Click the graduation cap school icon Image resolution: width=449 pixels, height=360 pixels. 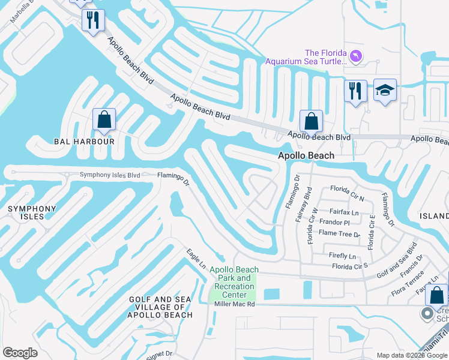385,91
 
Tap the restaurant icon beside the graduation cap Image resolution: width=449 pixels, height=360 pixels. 355,91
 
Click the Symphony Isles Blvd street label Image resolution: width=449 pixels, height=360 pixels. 110,175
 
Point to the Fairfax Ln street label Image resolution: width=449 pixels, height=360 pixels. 344,212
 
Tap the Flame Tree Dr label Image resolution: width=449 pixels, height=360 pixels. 340,233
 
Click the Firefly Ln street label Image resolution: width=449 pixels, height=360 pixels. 343,255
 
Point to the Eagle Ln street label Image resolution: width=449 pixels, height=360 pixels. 196,259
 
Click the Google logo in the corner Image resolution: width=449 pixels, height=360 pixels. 20,353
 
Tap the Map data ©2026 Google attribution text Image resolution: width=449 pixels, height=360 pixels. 411,355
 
